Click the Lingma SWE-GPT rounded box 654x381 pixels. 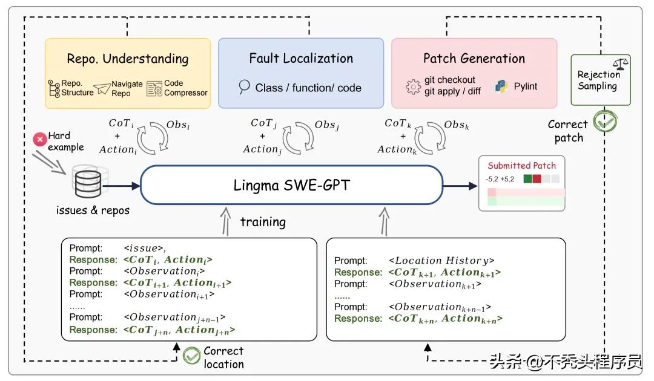click(x=291, y=185)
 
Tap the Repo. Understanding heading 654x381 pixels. click(x=128, y=59)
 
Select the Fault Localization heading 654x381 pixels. click(x=301, y=59)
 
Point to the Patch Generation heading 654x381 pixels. click(x=474, y=59)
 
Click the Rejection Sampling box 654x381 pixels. click(x=600, y=80)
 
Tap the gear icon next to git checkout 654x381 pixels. click(x=414, y=86)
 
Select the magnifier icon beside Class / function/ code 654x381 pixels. click(x=244, y=87)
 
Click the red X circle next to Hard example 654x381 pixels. click(x=40, y=140)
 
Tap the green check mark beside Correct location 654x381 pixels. click(x=192, y=356)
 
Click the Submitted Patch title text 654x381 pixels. click(x=521, y=165)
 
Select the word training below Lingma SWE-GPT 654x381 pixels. click(x=263, y=222)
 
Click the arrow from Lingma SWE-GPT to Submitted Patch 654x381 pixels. click(x=461, y=185)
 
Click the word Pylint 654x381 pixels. click(x=526, y=86)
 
